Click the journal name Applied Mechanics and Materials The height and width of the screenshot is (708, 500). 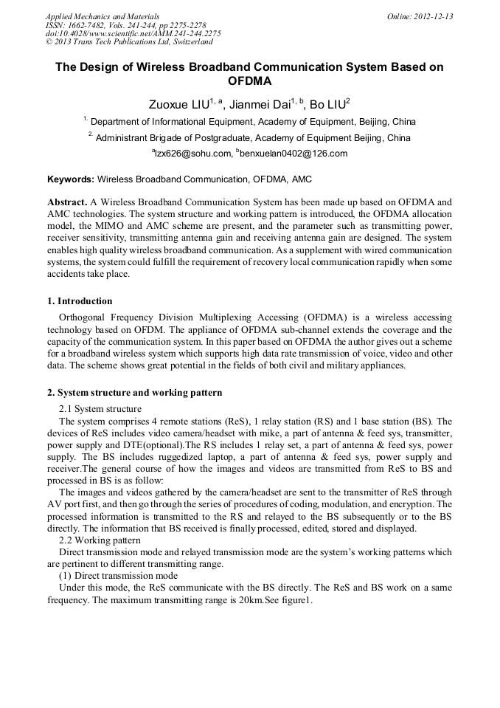click(x=103, y=16)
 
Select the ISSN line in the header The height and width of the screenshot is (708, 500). click(x=125, y=24)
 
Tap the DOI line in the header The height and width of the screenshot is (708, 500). click(x=133, y=33)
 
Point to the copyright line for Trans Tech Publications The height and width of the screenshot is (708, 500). click(x=129, y=41)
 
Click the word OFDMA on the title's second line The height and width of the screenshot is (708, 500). click(x=249, y=80)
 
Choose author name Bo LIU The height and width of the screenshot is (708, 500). click(x=327, y=104)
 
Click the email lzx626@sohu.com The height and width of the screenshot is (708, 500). click(x=190, y=154)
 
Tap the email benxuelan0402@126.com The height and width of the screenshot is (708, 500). click(x=293, y=154)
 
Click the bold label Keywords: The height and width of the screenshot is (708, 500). click(x=71, y=179)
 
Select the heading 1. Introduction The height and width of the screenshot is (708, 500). click(x=80, y=301)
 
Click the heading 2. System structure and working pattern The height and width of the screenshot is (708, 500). click(x=134, y=393)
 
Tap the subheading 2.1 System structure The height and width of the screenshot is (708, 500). click(x=100, y=409)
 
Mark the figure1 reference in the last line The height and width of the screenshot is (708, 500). click(x=296, y=600)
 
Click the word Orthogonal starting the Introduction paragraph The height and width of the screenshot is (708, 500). click(x=84, y=318)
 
